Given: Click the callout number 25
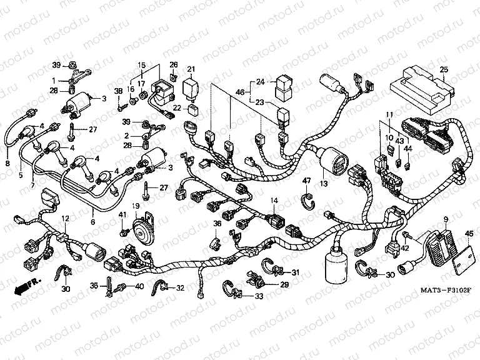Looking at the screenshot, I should [443, 69].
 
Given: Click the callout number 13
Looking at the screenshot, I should [323, 184].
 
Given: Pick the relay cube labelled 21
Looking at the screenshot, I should [191, 87].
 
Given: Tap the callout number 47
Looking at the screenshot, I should [307, 181].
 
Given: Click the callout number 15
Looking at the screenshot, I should [141, 66].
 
